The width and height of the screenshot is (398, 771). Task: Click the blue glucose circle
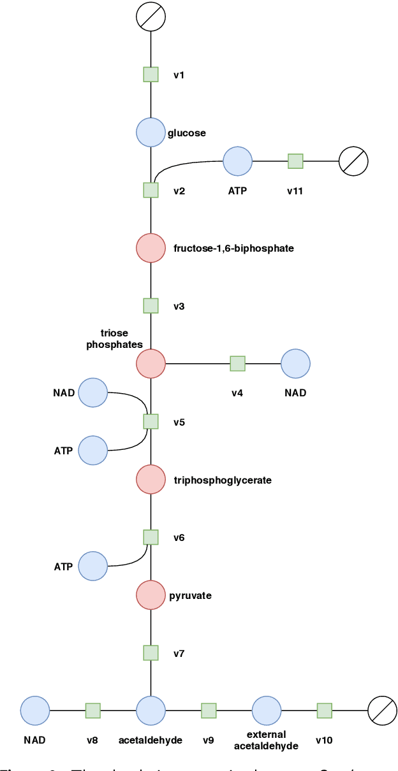[x=151, y=133]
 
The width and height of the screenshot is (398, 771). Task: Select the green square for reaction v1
[x=151, y=75]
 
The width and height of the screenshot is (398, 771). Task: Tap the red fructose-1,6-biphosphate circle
[x=151, y=248]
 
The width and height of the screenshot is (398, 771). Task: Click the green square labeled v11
[x=295, y=161]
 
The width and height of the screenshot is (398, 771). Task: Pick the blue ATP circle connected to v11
[x=238, y=161]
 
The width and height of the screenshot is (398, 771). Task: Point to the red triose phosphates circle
[x=151, y=364]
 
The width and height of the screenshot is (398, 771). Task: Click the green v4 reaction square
[x=237, y=364]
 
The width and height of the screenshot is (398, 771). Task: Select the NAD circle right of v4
[x=295, y=364]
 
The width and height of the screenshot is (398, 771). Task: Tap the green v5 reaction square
[x=151, y=421]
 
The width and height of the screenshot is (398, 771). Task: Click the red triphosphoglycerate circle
[x=151, y=479]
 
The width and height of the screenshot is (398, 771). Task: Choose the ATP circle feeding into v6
[x=93, y=566]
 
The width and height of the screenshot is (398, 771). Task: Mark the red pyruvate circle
[x=151, y=595]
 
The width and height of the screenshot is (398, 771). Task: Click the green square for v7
[x=151, y=652]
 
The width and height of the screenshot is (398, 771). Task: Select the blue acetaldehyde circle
[x=151, y=710]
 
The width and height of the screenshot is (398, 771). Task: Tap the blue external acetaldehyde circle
[x=267, y=710]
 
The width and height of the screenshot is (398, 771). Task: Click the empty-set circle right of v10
[x=383, y=710]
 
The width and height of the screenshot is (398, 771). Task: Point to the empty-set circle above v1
[x=151, y=17]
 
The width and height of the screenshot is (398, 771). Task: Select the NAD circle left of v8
[x=35, y=710]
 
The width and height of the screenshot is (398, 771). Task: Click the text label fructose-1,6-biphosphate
[x=233, y=249]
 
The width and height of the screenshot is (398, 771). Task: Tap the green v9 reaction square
[x=209, y=710]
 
